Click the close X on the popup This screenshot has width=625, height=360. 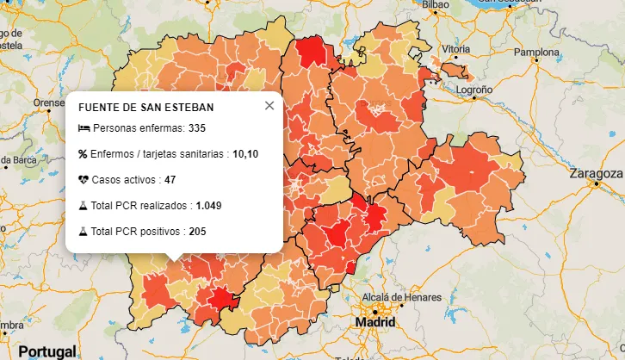tap(269, 105)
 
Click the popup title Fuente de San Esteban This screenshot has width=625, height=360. tap(145, 108)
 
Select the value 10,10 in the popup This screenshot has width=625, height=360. tap(245, 154)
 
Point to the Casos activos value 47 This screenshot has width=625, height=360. tap(170, 180)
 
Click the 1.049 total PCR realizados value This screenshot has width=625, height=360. tap(208, 206)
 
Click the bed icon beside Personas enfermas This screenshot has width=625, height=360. tap(84, 128)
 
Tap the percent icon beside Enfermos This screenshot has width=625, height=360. tap(84, 154)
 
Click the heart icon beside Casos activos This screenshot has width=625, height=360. tap(84, 180)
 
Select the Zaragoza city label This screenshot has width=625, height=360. tap(596, 173)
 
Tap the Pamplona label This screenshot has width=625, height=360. tap(536, 52)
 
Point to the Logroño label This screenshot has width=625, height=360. tap(473, 89)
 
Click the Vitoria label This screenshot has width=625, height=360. tap(455, 49)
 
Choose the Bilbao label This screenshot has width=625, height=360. tap(436, 4)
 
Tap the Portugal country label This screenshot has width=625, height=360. tap(47, 351)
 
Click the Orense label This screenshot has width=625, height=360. tap(48, 102)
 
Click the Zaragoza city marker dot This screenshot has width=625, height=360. tap(595, 183)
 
